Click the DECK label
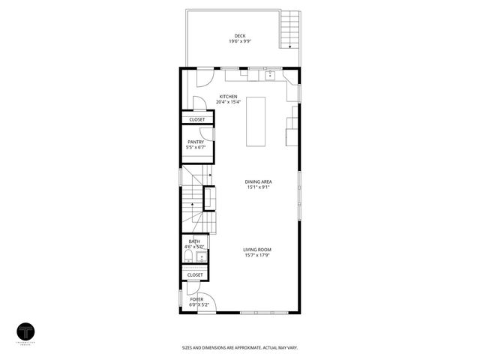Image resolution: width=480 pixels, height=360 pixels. click(x=239, y=35)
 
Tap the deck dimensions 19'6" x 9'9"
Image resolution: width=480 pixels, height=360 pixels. click(x=239, y=41)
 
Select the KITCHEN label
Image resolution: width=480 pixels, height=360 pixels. click(x=228, y=97)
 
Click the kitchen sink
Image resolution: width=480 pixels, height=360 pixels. click(x=269, y=75)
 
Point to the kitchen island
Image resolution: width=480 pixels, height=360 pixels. click(x=257, y=121)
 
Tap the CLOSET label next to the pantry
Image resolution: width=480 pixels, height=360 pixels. click(x=197, y=119)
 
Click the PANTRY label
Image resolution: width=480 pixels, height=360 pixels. click(x=196, y=142)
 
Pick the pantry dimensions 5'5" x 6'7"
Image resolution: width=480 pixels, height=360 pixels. click(x=196, y=148)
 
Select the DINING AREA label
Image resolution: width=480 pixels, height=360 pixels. click(x=257, y=181)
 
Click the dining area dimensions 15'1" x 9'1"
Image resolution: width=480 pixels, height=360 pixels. click(x=257, y=187)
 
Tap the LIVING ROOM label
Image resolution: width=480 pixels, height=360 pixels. click(x=257, y=250)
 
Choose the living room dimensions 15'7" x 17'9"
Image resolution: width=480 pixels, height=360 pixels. click(x=257, y=256)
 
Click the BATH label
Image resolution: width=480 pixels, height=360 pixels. click(x=194, y=241)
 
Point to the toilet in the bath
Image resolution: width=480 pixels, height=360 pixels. click(x=187, y=259)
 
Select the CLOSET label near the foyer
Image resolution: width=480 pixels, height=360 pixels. click(x=195, y=275)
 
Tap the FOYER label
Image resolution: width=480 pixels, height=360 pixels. click(x=196, y=299)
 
